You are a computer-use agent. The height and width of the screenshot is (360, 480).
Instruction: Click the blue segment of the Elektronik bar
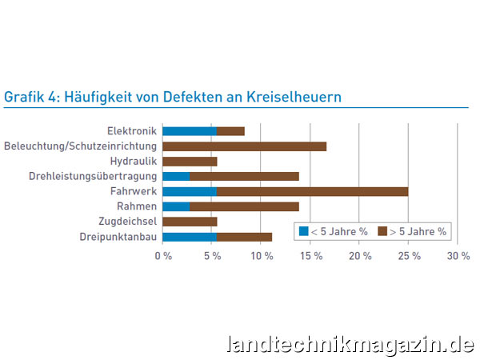point(190,131)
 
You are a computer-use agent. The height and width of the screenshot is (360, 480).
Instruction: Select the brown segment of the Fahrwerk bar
point(312,192)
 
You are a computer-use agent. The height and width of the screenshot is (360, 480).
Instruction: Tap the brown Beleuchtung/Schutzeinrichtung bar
point(244,146)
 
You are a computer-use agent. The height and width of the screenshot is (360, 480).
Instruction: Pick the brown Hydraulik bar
point(190,162)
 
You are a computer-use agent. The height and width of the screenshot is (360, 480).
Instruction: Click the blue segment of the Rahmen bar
point(176,206)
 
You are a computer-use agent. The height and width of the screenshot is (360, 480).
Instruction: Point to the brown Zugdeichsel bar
point(190,222)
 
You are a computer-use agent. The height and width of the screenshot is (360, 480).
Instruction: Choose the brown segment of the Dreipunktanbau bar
point(244,237)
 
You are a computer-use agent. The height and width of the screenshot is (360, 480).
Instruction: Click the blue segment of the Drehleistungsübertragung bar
point(176,177)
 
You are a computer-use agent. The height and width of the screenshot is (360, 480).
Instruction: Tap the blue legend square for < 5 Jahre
point(304,231)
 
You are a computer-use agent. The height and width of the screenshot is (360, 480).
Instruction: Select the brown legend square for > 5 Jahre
point(382,231)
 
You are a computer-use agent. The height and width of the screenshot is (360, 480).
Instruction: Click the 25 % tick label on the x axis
point(409,256)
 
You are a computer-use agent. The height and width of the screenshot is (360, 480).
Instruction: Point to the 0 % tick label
point(163,256)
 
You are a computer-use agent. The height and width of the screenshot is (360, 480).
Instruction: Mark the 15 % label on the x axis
point(310,256)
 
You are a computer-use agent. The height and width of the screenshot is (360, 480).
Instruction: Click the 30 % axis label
point(458,256)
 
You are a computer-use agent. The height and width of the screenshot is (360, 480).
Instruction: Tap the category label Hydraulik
point(132,162)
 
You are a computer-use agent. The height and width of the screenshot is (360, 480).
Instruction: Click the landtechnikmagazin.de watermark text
point(350,345)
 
